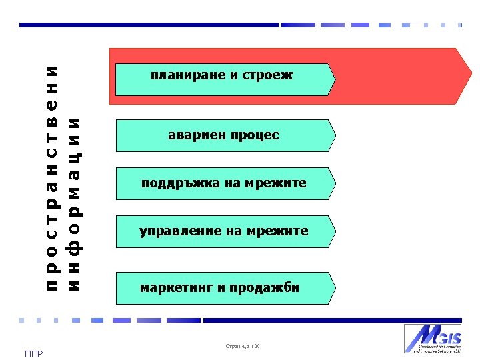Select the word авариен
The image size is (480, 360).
point(197,135)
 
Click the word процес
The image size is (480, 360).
point(255,135)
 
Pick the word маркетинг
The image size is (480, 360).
point(175,288)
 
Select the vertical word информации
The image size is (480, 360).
point(75,203)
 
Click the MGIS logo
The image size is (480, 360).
point(432,338)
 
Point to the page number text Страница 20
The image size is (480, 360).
point(243,346)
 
